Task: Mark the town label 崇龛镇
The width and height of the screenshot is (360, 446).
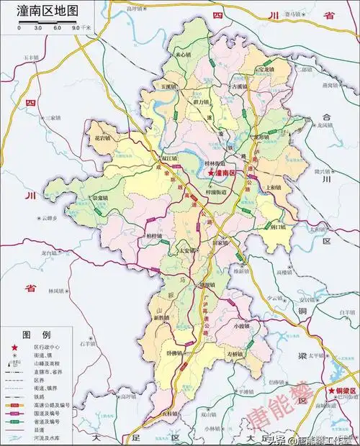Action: point(99,198)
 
